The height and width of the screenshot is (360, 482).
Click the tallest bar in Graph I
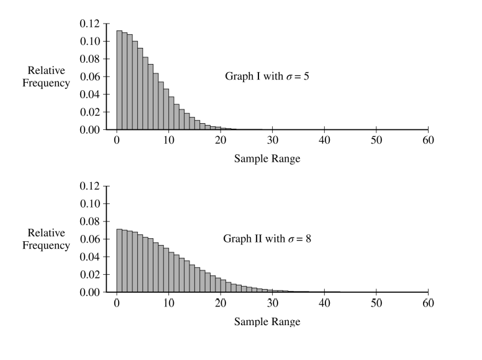119,80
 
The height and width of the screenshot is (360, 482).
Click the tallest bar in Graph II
119,261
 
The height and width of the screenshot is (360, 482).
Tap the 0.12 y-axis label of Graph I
89,24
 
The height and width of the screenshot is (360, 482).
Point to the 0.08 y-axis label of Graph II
89,221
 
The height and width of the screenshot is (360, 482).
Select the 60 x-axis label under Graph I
427,139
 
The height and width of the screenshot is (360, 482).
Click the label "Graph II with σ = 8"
267,239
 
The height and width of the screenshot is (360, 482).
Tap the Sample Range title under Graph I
267,159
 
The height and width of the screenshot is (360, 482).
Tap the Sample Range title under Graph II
267,321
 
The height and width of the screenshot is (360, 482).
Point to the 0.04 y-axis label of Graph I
89,95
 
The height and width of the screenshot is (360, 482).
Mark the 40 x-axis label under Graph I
324,139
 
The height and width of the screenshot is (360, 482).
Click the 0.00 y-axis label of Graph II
89,292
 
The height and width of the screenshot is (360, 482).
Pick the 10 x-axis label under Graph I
168,139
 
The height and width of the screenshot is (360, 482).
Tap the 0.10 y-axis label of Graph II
89,203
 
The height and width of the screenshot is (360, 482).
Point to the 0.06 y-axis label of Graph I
89,76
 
